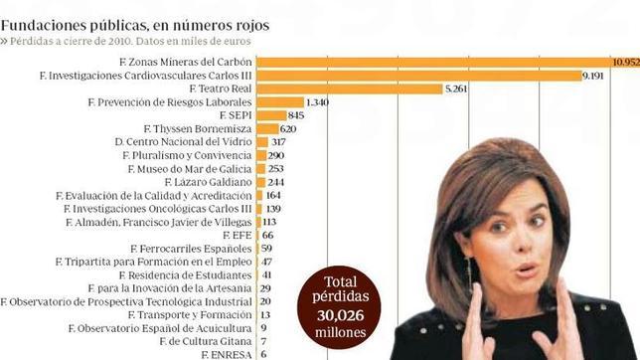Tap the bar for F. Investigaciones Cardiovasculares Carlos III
417,75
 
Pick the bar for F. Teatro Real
349,89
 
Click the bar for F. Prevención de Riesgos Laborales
279,101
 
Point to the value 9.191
597,75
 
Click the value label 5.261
461,89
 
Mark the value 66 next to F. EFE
267,234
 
